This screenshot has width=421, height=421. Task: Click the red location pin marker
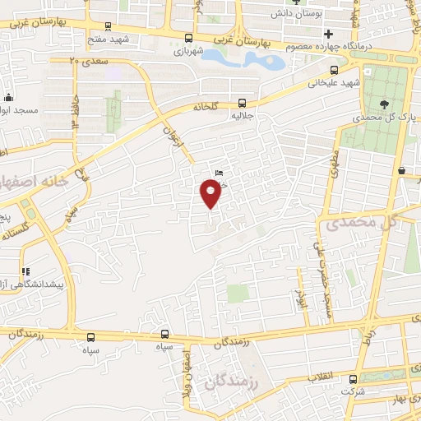click(x=210, y=193)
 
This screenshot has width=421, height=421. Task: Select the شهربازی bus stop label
click(x=188, y=50)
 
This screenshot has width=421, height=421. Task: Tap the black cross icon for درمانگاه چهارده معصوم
click(x=329, y=34)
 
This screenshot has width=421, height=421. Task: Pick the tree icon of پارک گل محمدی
click(x=385, y=104)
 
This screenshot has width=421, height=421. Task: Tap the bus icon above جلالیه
click(x=242, y=103)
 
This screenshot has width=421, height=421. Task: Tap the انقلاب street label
click(x=322, y=376)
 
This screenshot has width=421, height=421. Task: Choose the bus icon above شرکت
click(x=354, y=379)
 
